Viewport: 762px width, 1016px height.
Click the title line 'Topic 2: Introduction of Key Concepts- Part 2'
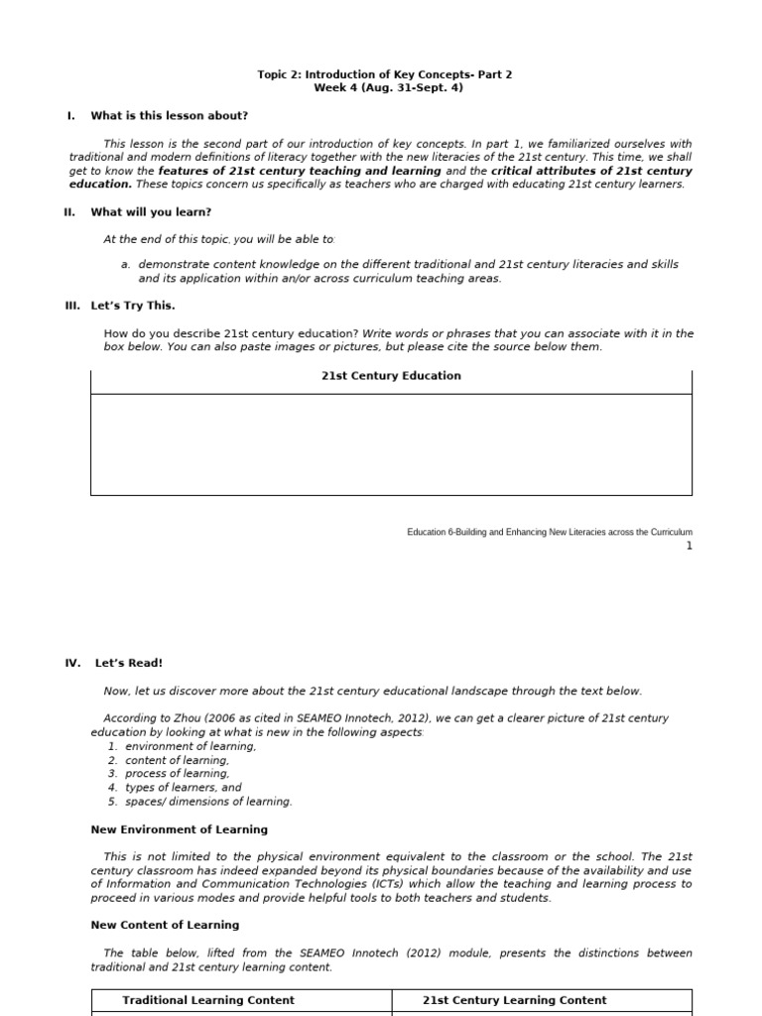pyautogui.click(x=385, y=74)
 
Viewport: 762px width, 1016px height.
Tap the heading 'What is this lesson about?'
pyautogui.click(x=169, y=116)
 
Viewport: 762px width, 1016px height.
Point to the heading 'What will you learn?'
pyautogui.click(x=151, y=212)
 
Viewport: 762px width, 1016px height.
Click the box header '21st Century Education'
pyautogui.click(x=391, y=376)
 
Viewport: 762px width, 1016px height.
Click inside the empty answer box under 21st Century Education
pyautogui.click(x=391, y=444)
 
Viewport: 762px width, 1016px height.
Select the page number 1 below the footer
pyautogui.click(x=689, y=547)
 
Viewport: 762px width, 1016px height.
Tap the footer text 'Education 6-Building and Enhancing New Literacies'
pyautogui.click(x=549, y=533)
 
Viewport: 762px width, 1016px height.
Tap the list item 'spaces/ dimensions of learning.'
pyautogui.click(x=208, y=802)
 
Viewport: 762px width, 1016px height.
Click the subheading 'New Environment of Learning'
pyautogui.click(x=179, y=829)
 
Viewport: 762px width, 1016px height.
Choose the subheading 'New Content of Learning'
pyautogui.click(x=165, y=925)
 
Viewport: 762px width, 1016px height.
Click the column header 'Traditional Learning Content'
pyautogui.click(x=208, y=1000)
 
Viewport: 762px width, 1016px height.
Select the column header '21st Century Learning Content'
pyautogui.click(x=514, y=1000)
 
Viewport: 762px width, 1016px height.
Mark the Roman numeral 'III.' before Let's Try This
pyautogui.click(x=72, y=307)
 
